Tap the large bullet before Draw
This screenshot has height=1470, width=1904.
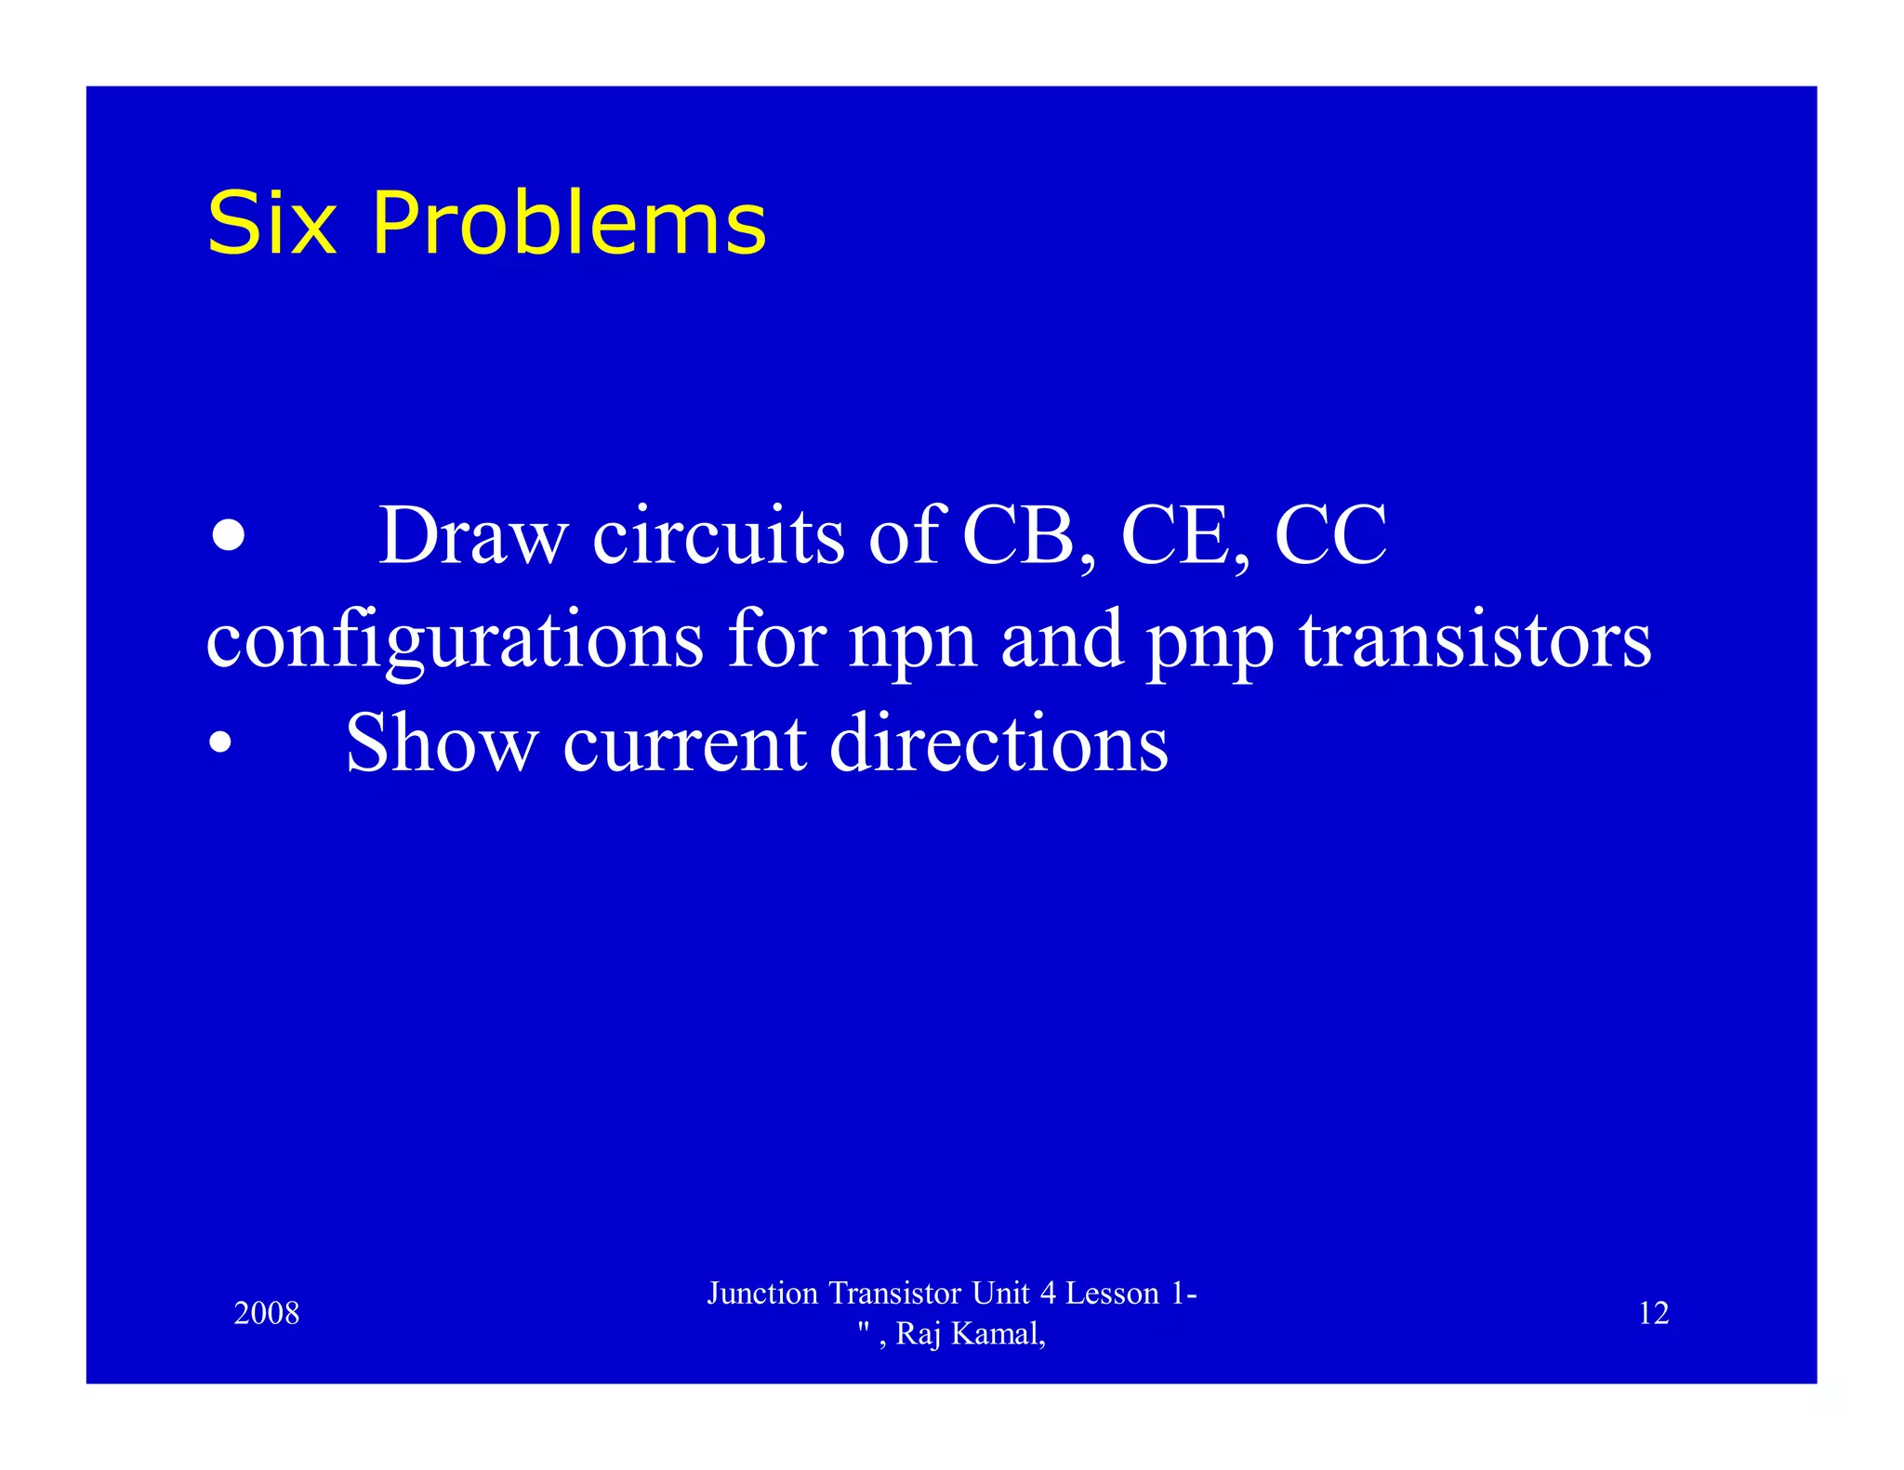(228, 535)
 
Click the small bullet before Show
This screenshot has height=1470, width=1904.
(220, 742)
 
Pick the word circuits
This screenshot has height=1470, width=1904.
(719, 537)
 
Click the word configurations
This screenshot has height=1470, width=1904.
(455, 641)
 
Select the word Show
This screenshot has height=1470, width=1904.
(442, 742)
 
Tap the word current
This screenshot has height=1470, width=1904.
(684, 744)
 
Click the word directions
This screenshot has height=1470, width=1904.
(998, 742)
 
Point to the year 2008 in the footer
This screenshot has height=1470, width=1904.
(267, 1313)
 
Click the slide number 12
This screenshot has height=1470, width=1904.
(1653, 1313)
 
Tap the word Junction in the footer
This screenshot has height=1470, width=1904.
(762, 1293)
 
